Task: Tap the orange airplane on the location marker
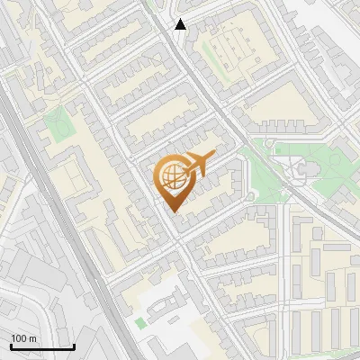(x=197, y=164)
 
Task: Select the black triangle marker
(x=181, y=24)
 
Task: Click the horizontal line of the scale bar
(x=42, y=346)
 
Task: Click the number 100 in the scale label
(x=20, y=338)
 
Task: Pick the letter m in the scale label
(x=32, y=338)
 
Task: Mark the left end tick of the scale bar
(x=11, y=345)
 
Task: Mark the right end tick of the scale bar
(x=74, y=345)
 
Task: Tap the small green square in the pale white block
(x=140, y=321)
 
